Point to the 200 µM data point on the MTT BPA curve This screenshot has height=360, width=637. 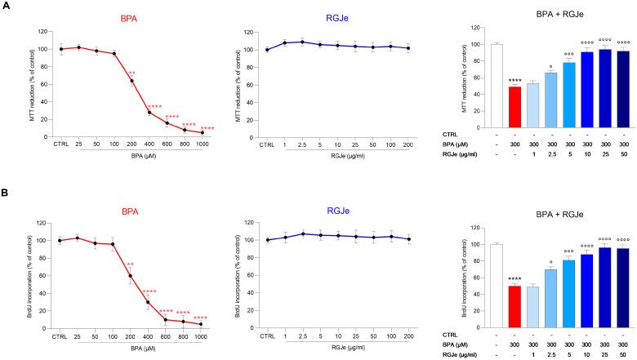tap(131, 81)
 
